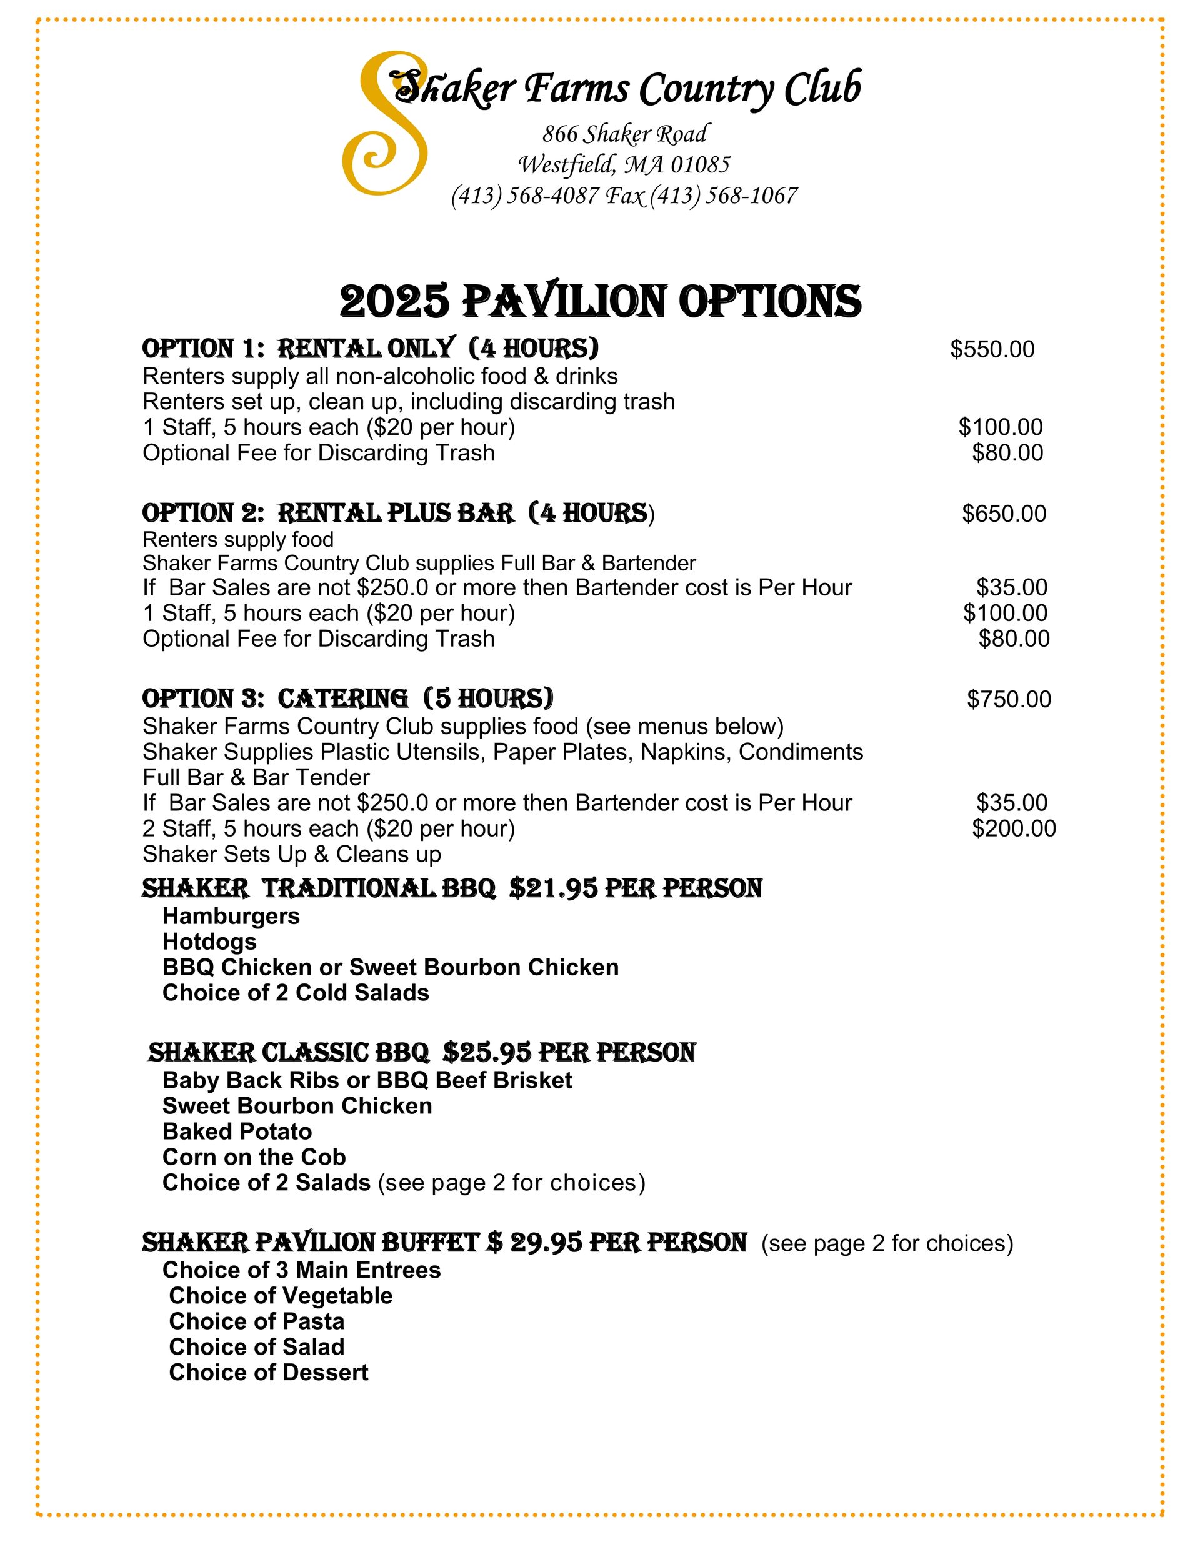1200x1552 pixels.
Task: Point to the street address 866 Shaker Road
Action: tap(625, 134)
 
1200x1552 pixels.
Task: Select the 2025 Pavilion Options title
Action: tap(600, 301)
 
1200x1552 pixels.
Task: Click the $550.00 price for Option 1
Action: tap(992, 349)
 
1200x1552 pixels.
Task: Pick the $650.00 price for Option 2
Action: tap(1004, 513)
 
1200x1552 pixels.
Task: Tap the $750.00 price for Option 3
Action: tap(1009, 699)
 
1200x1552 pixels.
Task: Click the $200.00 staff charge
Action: tap(1014, 828)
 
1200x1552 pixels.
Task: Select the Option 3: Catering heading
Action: tap(347, 699)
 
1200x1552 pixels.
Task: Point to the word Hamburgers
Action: tap(231, 916)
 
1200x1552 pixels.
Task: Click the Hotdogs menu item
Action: tap(210, 942)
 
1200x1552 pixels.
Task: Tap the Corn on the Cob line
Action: tap(254, 1157)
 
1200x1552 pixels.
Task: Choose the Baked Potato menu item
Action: tap(237, 1132)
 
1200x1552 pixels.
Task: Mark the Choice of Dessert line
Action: tap(269, 1372)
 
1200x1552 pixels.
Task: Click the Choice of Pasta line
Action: tap(257, 1321)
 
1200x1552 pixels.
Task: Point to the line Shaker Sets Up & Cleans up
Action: tap(291, 853)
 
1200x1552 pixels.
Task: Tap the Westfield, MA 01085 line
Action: tap(624, 165)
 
